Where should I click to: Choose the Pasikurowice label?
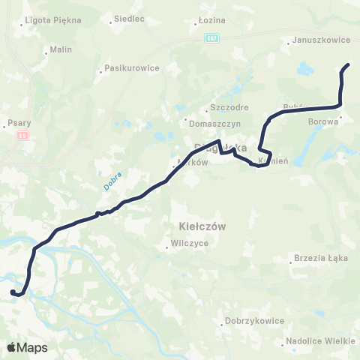(x=131, y=67)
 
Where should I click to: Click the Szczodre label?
(x=229, y=107)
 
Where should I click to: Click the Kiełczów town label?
(x=199, y=225)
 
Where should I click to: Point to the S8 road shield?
(x=22, y=136)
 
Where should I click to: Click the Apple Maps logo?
(x=27, y=348)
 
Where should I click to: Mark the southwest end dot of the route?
(x=13, y=292)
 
